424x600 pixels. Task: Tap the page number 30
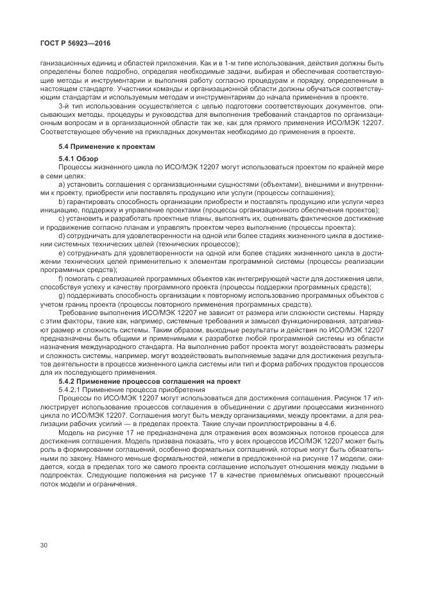[x=44, y=545]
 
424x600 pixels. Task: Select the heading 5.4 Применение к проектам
[x=106, y=146]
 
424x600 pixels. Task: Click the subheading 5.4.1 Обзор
[x=80, y=157]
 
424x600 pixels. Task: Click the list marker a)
[x=62, y=183]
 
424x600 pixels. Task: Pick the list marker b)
[x=62, y=201]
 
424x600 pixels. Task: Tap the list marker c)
[x=62, y=218]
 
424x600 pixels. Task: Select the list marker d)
[x=62, y=236]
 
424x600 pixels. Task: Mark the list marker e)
[x=62, y=253]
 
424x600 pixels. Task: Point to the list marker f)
[x=61, y=279]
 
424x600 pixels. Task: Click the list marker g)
[x=62, y=296]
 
